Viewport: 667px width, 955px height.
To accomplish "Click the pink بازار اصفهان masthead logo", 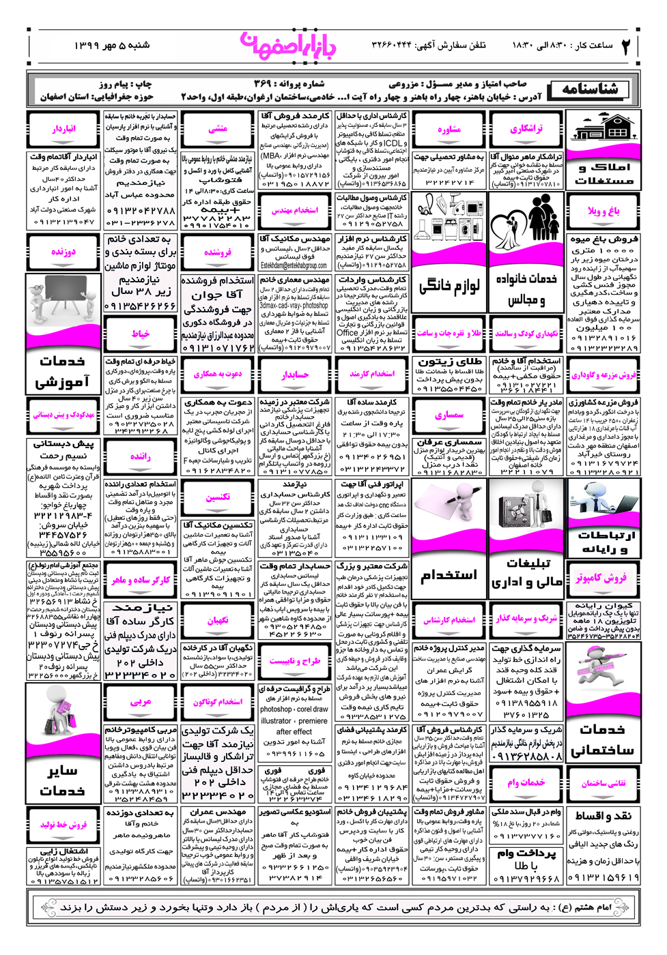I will [x=288, y=46].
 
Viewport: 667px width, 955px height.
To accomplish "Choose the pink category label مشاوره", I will [x=449, y=129].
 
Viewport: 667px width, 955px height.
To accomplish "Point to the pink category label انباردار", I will [x=63, y=128].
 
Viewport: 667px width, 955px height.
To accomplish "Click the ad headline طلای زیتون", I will [x=449, y=361].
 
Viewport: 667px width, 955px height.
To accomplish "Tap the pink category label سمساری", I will [x=449, y=415].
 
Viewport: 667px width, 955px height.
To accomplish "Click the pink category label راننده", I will [x=140, y=456].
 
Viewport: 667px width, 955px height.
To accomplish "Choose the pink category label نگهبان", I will [x=218, y=620].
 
